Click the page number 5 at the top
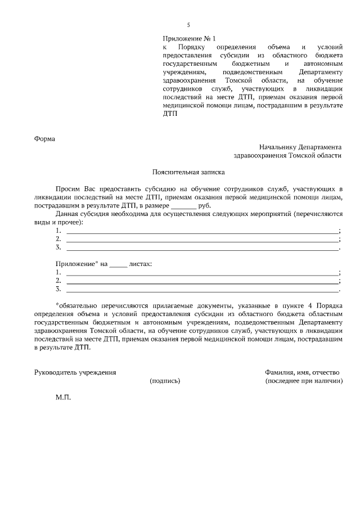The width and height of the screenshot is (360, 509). (x=188, y=25)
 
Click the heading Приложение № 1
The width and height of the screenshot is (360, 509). (x=189, y=38)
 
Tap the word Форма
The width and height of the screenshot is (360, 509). (x=44, y=138)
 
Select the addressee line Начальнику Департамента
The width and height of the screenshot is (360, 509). (x=300, y=146)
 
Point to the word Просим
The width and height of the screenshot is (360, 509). (x=68, y=190)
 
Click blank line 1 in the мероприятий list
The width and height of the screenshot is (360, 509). (x=202, y=231)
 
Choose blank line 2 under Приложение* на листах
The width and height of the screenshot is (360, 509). (x=202, y=281)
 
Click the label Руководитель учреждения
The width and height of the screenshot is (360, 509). (x=75, y=372)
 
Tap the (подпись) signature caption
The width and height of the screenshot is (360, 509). (x=165, y=381)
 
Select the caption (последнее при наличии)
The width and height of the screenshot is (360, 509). (x=304, y=381)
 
